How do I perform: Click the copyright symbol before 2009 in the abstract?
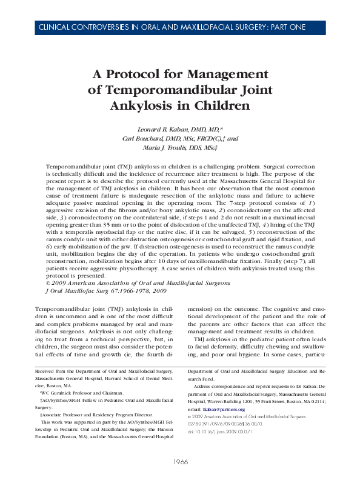coord(48,282)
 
